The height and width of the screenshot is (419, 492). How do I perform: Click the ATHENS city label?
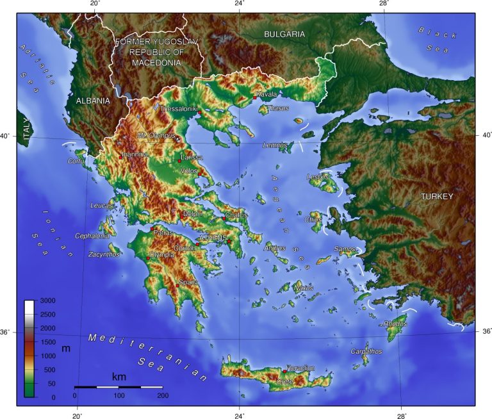pyautogui.click(x=213, y=238)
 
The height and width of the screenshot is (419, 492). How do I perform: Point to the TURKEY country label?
pyautogui.click(x=437, y=196)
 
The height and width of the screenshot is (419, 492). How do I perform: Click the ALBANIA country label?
pyautogui.click(x=93, y=101)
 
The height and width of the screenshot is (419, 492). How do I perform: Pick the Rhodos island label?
pyautogui.click(x=395, y=324)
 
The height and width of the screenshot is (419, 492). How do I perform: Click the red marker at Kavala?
pyautogui.click(x=255, y=98)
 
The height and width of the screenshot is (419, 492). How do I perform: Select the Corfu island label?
pyautogui.click(x=76, y=161)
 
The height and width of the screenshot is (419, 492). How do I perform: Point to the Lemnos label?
pyautogui.click(x=275, y=145)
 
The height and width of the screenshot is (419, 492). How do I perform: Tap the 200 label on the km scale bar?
pyautogui.click(x=162, y=397)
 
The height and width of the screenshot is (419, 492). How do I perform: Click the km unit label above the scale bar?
pyautogui.click(x=119, y=377)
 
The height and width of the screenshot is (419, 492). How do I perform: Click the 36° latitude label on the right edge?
pyautogui.click(x=486, y=331)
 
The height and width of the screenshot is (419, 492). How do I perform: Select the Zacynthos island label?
pyautogui.click(x=104, y=254)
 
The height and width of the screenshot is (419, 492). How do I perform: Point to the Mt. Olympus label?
pyautogui.click(x=156, y=136)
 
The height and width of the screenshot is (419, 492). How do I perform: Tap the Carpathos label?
pyautogui.click(x=366, y=351)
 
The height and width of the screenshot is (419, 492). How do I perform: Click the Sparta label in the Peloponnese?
pyautogui.click(x=188, y=282)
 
